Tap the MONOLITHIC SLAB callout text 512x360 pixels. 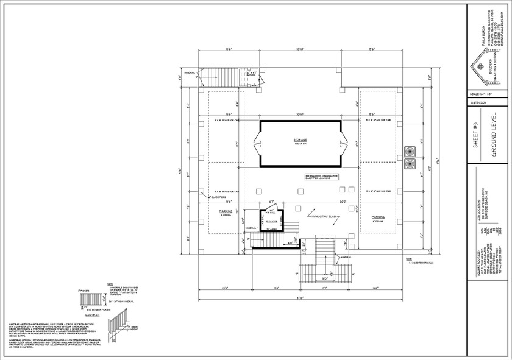point(322,217)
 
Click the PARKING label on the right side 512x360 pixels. point(379,216)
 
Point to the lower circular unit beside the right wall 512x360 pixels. point(409,163)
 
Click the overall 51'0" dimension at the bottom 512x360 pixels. point(299,298)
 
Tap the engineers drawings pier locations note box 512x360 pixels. point(325,177)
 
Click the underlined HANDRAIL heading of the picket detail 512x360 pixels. point(93,316)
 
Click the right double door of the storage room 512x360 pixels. point(342,144)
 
